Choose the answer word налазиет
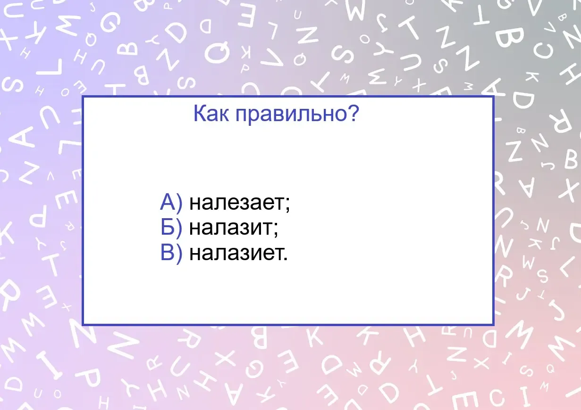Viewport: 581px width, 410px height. [236, 253]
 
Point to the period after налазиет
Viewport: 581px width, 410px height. [286, 258]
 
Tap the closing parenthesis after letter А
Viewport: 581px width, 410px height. [179, 204]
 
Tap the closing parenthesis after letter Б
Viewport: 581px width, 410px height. [179, 229]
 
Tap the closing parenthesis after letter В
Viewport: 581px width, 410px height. [179, 254]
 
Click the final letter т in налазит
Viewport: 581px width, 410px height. [267, 228]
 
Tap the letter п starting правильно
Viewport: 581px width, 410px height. [241, 115]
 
